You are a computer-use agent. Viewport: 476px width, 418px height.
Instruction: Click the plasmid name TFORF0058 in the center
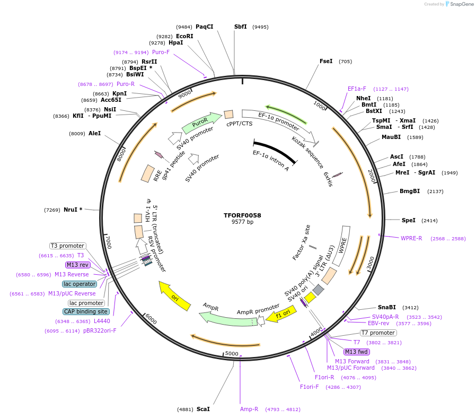(242, 215)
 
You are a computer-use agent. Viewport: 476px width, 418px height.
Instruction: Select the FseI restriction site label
(326, 61)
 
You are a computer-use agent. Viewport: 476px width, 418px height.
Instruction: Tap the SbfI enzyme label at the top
(241, 27)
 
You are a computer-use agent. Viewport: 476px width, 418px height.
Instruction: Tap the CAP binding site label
(86, 312)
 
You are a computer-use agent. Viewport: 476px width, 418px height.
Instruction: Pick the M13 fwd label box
(357, 352)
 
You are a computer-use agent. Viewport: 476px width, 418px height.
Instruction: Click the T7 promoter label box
(378, 333)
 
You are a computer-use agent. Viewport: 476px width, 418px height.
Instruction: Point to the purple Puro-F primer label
(161, 52)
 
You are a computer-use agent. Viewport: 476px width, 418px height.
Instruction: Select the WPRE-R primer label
(411, 238)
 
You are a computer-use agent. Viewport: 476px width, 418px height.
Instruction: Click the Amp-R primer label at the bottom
(249, 409)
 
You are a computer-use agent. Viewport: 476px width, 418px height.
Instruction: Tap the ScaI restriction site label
(203, 409)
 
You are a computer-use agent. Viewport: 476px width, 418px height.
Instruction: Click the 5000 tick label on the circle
(232, 353)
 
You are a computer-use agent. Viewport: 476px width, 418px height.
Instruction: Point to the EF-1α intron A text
(271, 161)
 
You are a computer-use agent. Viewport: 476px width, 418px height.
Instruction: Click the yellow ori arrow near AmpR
(174, 298)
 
